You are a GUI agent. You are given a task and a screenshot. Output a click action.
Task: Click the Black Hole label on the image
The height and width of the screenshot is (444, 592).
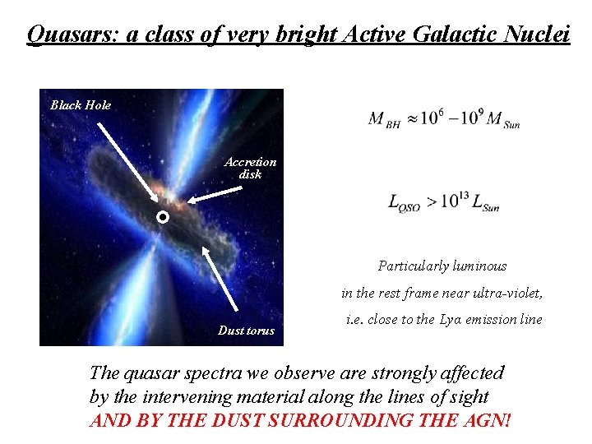81,105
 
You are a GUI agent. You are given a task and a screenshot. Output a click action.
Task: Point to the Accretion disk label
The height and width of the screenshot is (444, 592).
250,168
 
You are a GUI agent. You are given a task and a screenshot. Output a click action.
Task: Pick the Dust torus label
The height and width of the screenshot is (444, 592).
246,331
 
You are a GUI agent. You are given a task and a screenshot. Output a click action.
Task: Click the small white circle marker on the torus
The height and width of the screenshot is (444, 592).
163,218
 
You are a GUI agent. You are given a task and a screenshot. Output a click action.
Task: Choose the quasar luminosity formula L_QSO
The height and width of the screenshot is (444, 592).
443,202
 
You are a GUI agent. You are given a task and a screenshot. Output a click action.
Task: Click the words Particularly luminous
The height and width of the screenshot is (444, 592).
442,266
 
